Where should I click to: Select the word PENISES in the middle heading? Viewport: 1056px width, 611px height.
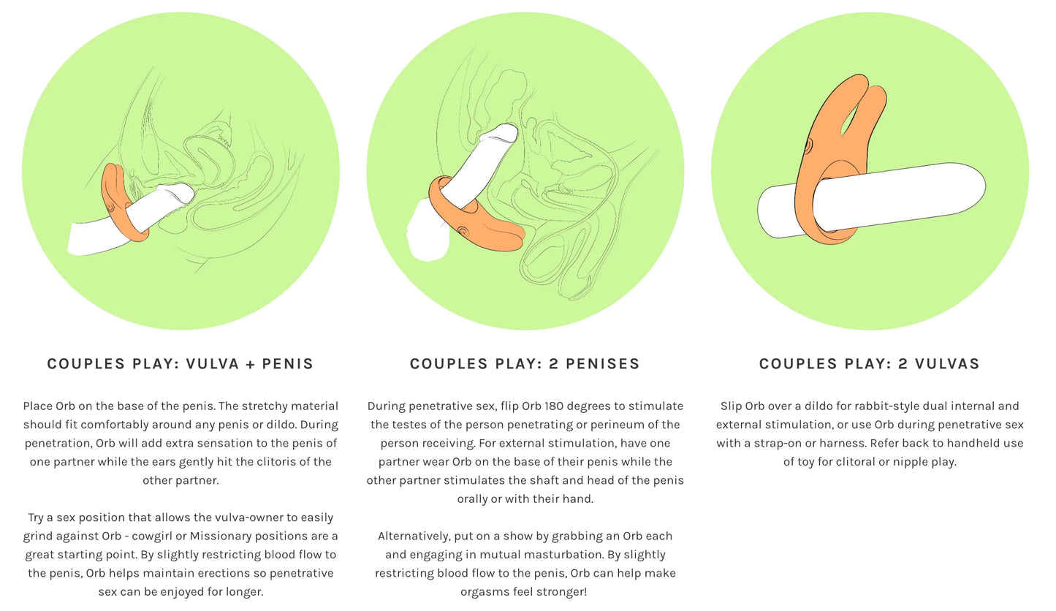click(x=602, y=363)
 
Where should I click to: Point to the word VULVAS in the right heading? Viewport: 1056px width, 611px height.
click(x=948, y=363)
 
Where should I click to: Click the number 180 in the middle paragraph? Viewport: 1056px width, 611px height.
click(x=553, y=406)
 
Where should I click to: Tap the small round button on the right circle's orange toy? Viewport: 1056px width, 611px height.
click(x=808, y=146)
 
